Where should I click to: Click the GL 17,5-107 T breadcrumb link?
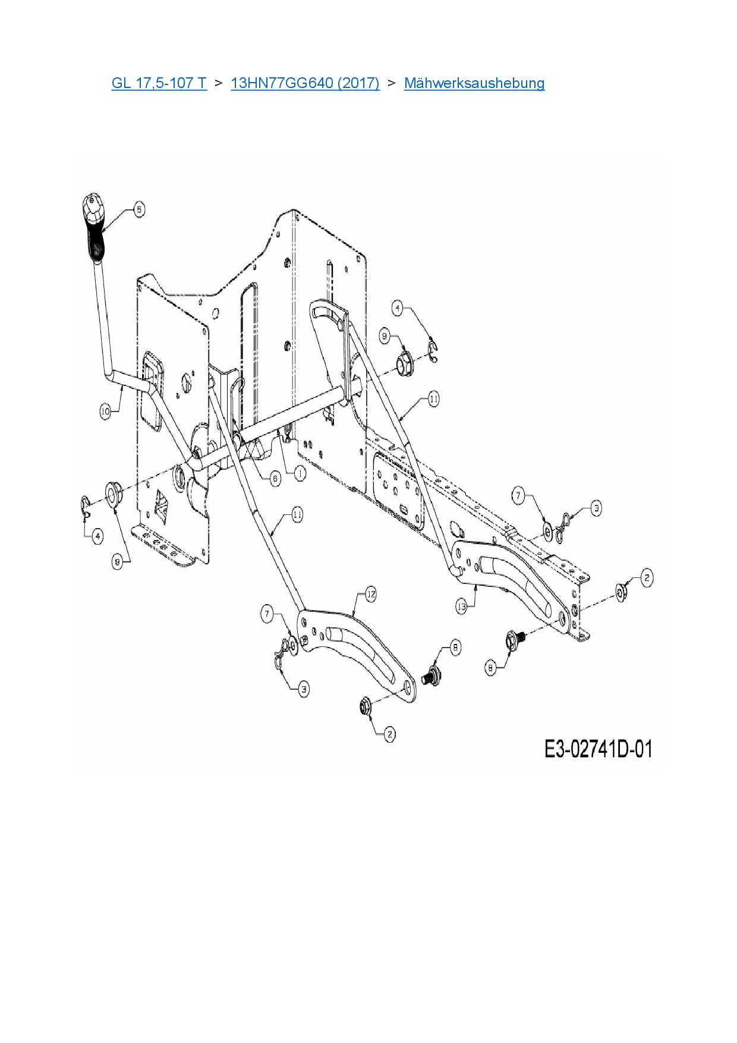(159, 83)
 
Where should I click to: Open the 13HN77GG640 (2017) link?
(305, 83)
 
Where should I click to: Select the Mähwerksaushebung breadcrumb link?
(474, 83)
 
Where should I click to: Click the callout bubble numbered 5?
(138, 209)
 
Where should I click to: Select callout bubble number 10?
(106, 411)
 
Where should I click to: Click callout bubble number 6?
(275, 478)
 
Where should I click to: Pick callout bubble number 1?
(300, 473)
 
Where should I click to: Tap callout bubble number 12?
(370, 594)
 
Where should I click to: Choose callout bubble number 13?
(462, 606)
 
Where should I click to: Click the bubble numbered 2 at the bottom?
(389, 734)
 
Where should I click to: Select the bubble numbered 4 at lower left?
(97, 536)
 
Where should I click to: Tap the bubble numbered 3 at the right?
(596, 508)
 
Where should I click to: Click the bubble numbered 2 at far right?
(647, 577)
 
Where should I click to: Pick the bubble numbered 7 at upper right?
(518, 495)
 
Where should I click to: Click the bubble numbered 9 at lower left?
(118, 562)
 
